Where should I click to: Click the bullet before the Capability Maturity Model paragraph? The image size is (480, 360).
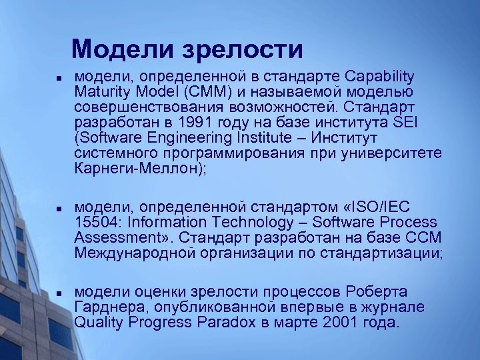pyautogui.click(x=59, y=77)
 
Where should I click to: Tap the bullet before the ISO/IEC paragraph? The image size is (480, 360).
pyautogui.click(x=59, y=209)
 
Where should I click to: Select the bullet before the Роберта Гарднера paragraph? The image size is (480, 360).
pyautogui.click(x=59, y=293)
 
